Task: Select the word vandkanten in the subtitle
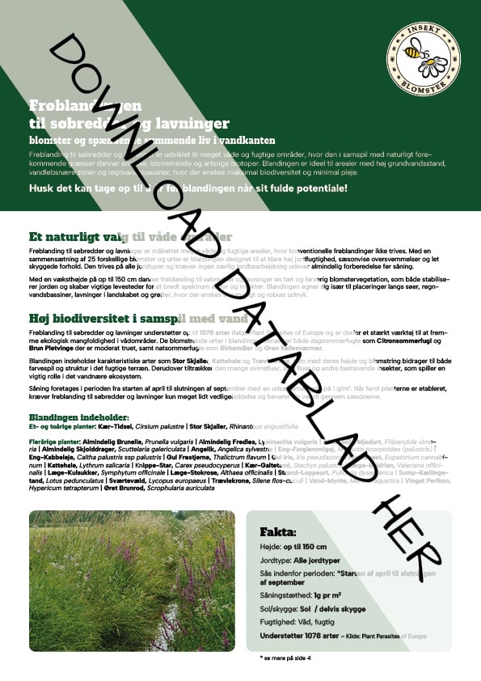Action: [248, 140]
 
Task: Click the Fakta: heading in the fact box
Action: [278, 532]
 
